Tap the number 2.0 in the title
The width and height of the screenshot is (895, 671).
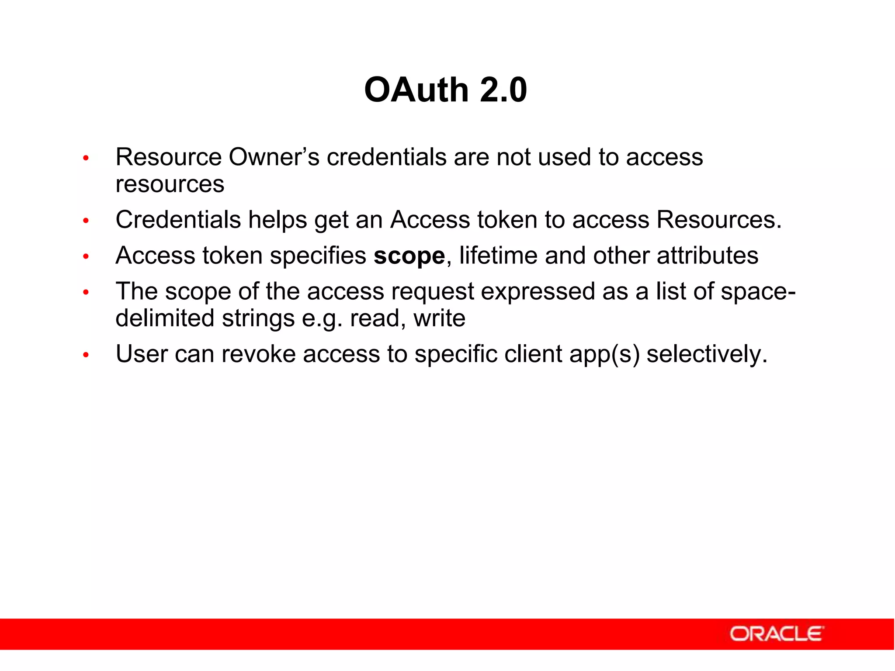coord(503,90)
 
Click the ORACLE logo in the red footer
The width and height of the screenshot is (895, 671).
coord(777,634)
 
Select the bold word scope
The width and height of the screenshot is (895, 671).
coord(409,256)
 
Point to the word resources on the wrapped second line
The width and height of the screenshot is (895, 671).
coord(170,184)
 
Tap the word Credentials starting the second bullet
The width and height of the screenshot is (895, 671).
coord(178,219)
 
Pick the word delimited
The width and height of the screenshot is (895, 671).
coord(165,318)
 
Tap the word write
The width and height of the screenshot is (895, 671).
coord(439,318)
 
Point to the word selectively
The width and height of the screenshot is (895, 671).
coord(707,354)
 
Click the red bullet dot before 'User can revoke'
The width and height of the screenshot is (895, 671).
coord(86,355)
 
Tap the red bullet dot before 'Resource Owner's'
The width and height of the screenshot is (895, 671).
coord(86,158)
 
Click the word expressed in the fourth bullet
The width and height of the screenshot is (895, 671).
coord(538,291)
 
